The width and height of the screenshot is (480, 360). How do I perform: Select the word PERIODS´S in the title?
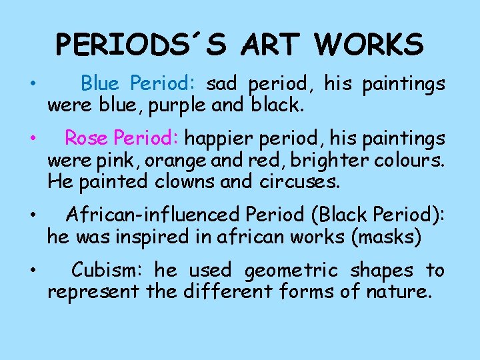[138, 45]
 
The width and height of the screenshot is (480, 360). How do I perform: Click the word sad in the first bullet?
[222, 84]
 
